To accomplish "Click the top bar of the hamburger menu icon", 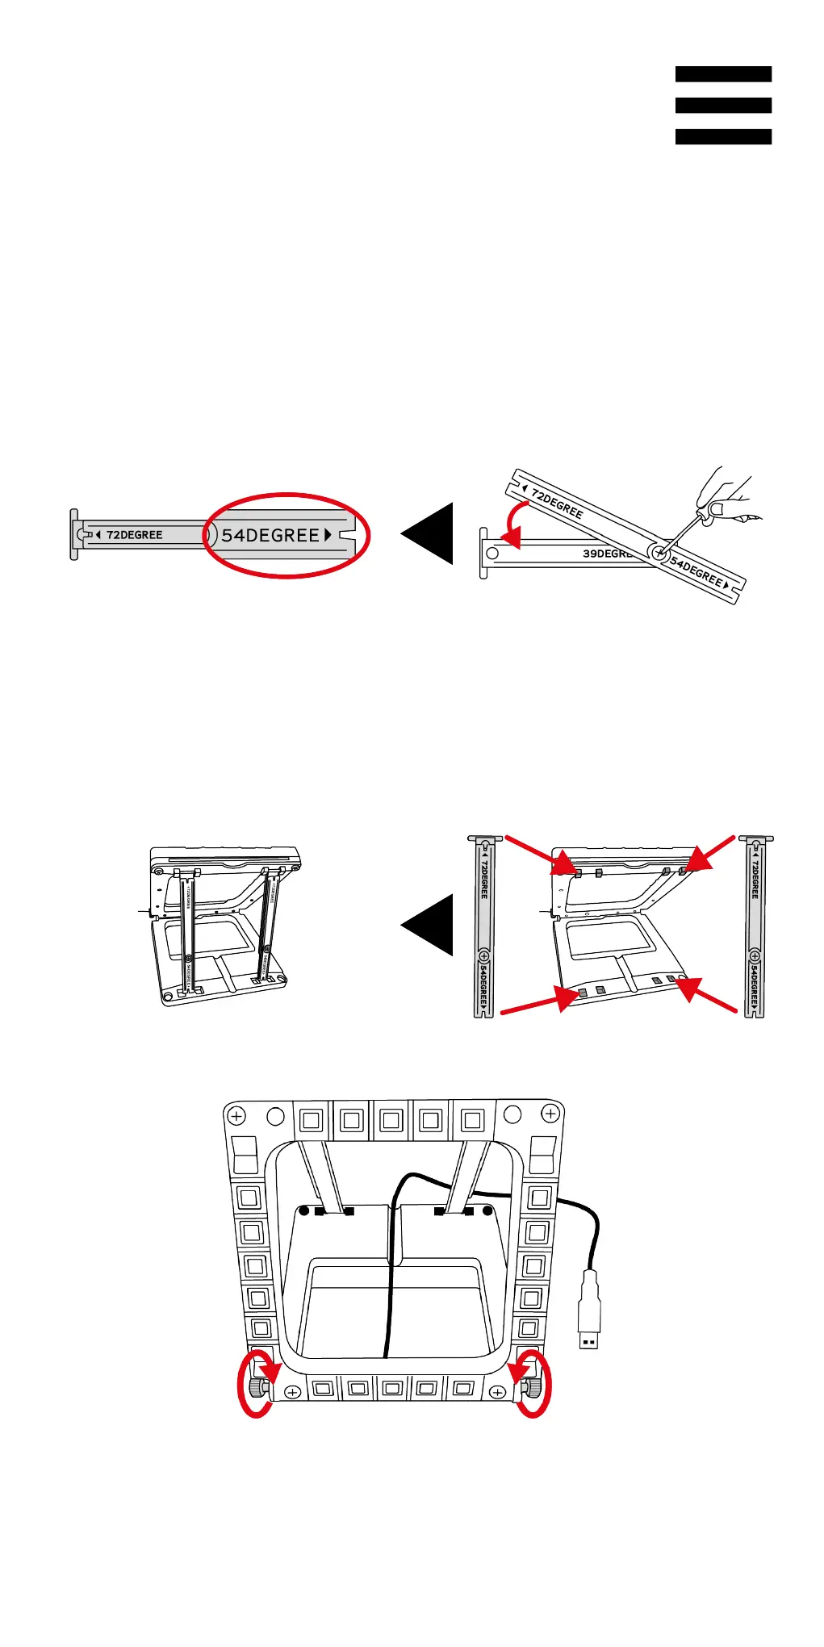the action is [x=723, y=74].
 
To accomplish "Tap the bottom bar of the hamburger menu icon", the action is [x=723, y=136].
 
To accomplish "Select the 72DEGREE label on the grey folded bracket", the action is [x=134, y=535].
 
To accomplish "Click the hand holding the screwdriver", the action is [x=726, y=495].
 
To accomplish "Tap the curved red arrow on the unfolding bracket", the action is [x=510, y=523].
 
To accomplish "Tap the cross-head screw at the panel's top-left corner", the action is [x=236, y=1116].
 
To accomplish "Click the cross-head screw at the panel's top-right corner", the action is [x=550, y=1114].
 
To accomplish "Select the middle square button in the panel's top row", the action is [x=391, y=1120].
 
